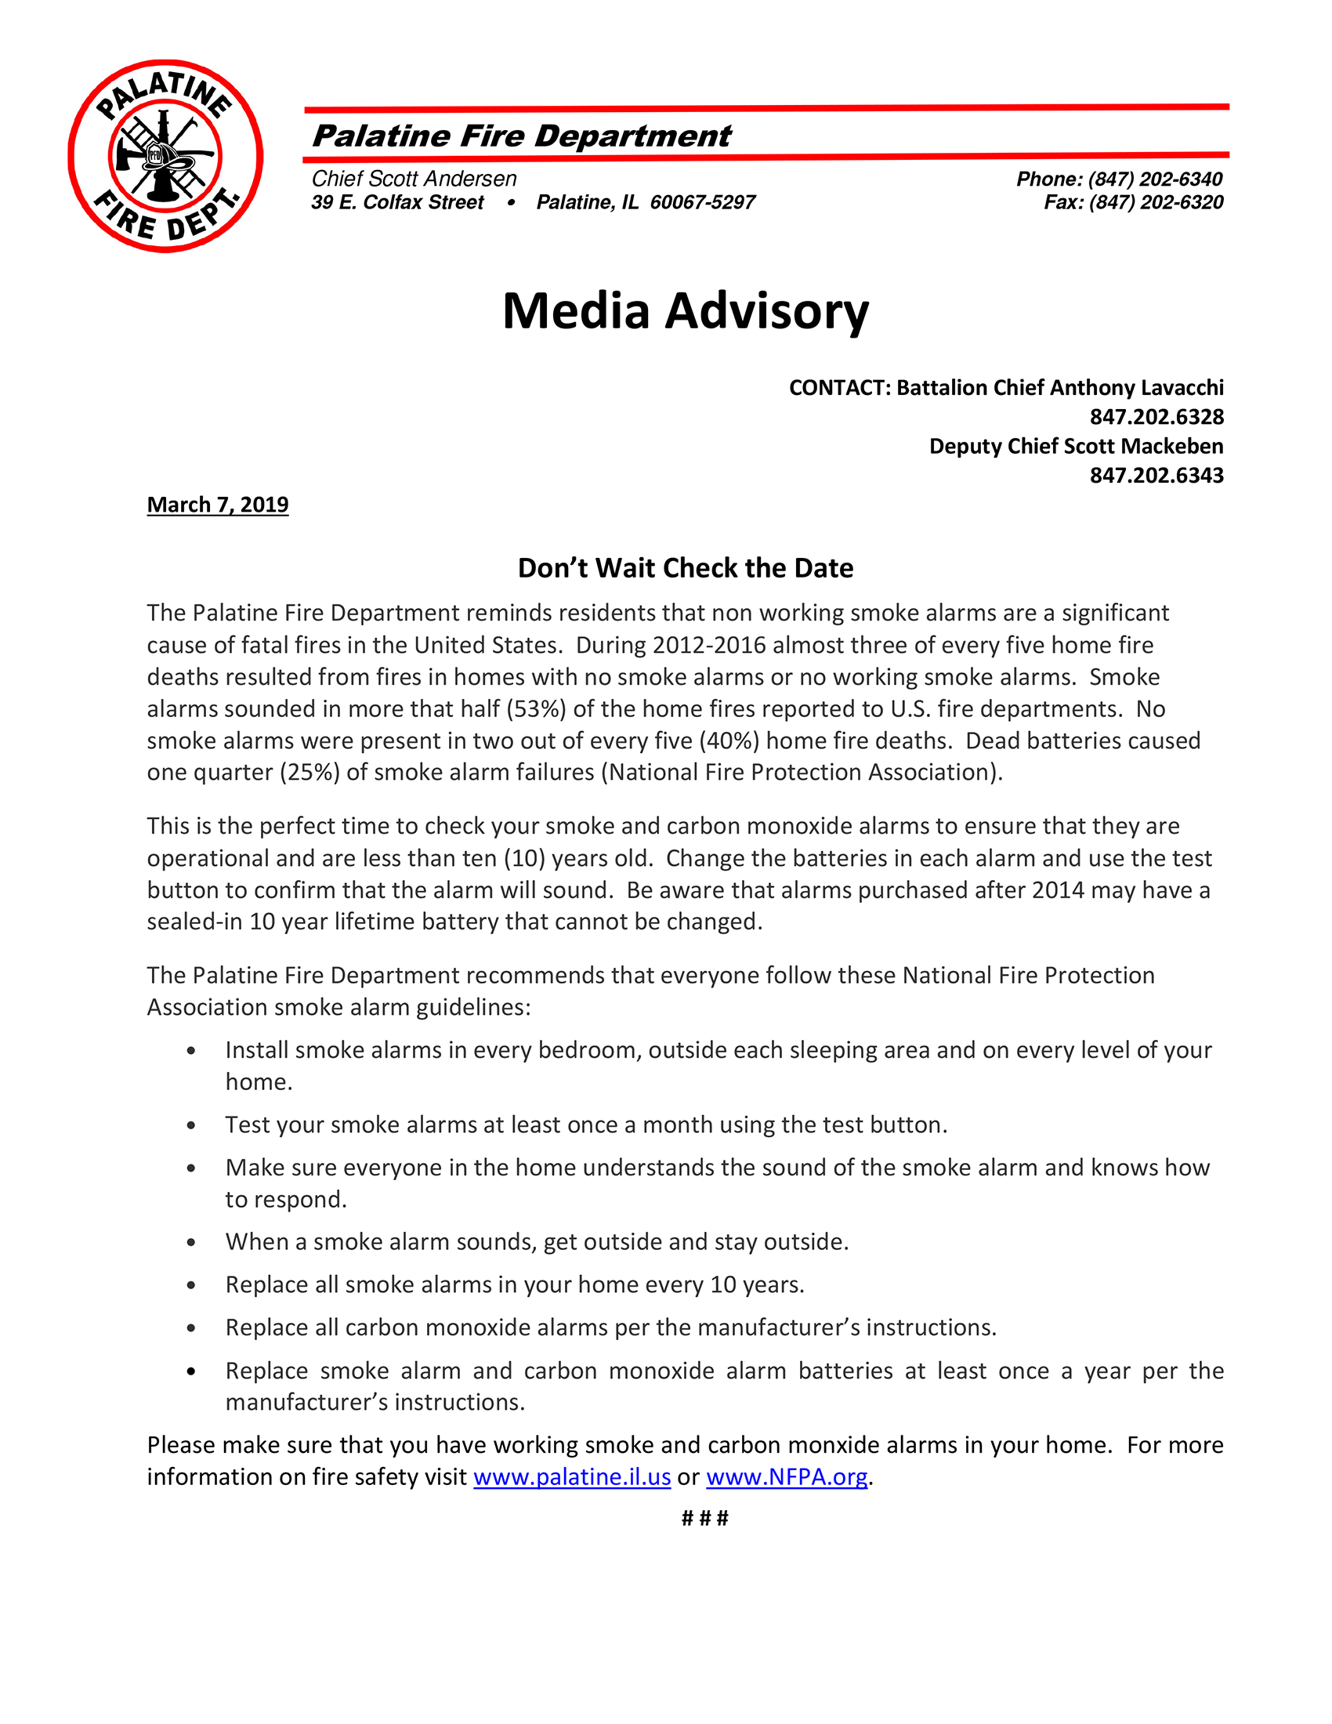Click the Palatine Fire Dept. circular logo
click(165, 156)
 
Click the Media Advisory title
click(685, 311)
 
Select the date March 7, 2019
click(218, 505)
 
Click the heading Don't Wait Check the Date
click(685, 568)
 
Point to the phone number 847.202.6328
click(1156, 417)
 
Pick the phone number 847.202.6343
click(1156, 475)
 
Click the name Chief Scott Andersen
click(414, 179)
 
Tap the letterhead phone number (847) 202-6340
click(1155, 179)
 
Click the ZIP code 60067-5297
click(702, 203)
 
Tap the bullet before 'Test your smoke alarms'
click(191, 1125)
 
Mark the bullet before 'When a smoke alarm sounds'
click(191, 1243)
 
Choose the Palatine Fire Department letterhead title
click(522, 136)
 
